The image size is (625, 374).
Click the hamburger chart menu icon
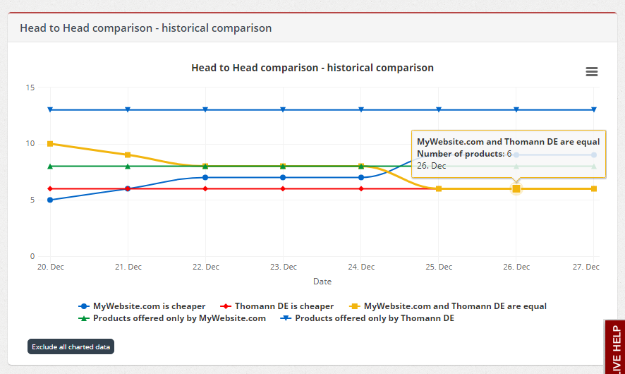592,71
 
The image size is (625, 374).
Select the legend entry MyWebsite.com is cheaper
142,306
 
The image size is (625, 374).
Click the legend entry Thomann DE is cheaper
277,306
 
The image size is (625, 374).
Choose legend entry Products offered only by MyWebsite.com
172,318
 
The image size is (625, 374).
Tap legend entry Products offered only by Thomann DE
367,318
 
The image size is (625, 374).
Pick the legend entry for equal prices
448,306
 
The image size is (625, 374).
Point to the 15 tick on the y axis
30,88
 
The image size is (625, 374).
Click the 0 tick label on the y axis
32,256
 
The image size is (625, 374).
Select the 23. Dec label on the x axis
284,267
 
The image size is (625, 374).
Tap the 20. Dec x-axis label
51,267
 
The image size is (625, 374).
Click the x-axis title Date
322,282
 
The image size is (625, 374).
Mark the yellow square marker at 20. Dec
50,143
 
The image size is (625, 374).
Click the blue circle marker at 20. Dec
50,200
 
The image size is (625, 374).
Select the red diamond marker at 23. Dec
283,188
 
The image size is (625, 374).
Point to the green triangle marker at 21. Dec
128,167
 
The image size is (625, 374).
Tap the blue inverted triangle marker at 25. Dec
439,109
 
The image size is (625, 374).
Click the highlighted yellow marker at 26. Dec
516,188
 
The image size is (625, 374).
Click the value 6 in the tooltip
509,154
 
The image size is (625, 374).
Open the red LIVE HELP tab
616,348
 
